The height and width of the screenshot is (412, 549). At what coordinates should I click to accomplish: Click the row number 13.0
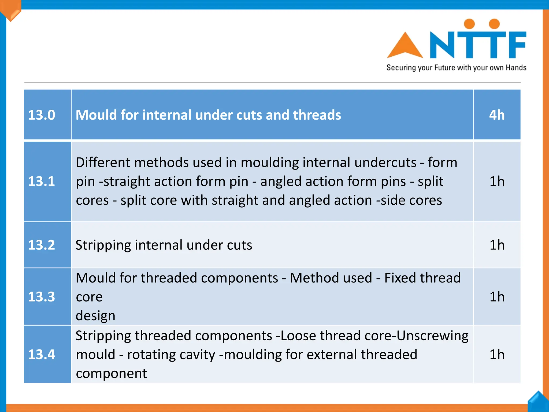pos(42,115)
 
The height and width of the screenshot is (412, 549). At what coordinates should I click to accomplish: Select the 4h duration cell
pos(497,115)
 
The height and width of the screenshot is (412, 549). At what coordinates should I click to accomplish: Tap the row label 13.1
pos(42,181)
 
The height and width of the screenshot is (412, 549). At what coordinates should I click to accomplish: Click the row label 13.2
pos(42,245)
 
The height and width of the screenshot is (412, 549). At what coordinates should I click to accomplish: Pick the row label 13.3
pos(42,297)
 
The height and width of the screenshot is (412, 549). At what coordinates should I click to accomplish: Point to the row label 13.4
pos(42,354)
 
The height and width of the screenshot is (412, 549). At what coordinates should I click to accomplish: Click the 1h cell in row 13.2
pos(497,245)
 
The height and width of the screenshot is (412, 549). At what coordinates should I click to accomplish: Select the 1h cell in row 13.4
pos(497,354)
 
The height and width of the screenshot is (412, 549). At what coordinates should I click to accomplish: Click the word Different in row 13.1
pos(102,163)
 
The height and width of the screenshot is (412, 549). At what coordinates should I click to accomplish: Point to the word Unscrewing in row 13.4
pos(432,336)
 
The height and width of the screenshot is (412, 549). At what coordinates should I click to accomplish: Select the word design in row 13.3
pos(95,316)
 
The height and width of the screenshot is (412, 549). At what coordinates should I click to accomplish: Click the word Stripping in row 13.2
pos(103,245)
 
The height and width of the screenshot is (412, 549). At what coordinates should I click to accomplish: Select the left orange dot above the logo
pos(469,24)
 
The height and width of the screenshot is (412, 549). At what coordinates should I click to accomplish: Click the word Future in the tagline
pos(445,68)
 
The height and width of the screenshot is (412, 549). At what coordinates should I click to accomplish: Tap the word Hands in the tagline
pos(516,68)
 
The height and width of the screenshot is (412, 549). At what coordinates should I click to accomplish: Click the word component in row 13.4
pos(111,373)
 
